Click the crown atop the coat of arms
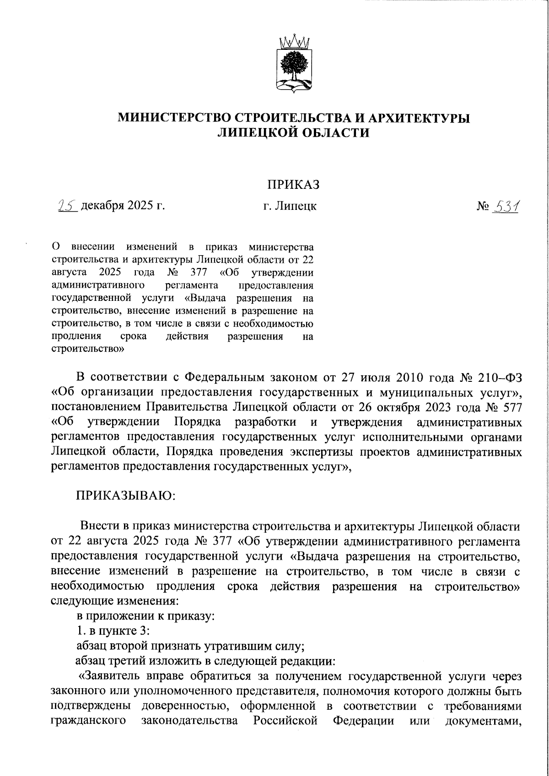click(294, 41)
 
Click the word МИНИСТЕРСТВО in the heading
click(173, 118)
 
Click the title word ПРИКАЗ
click(293, 185)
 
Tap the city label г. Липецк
click(287, 206)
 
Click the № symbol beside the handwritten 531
click(483, 207)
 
